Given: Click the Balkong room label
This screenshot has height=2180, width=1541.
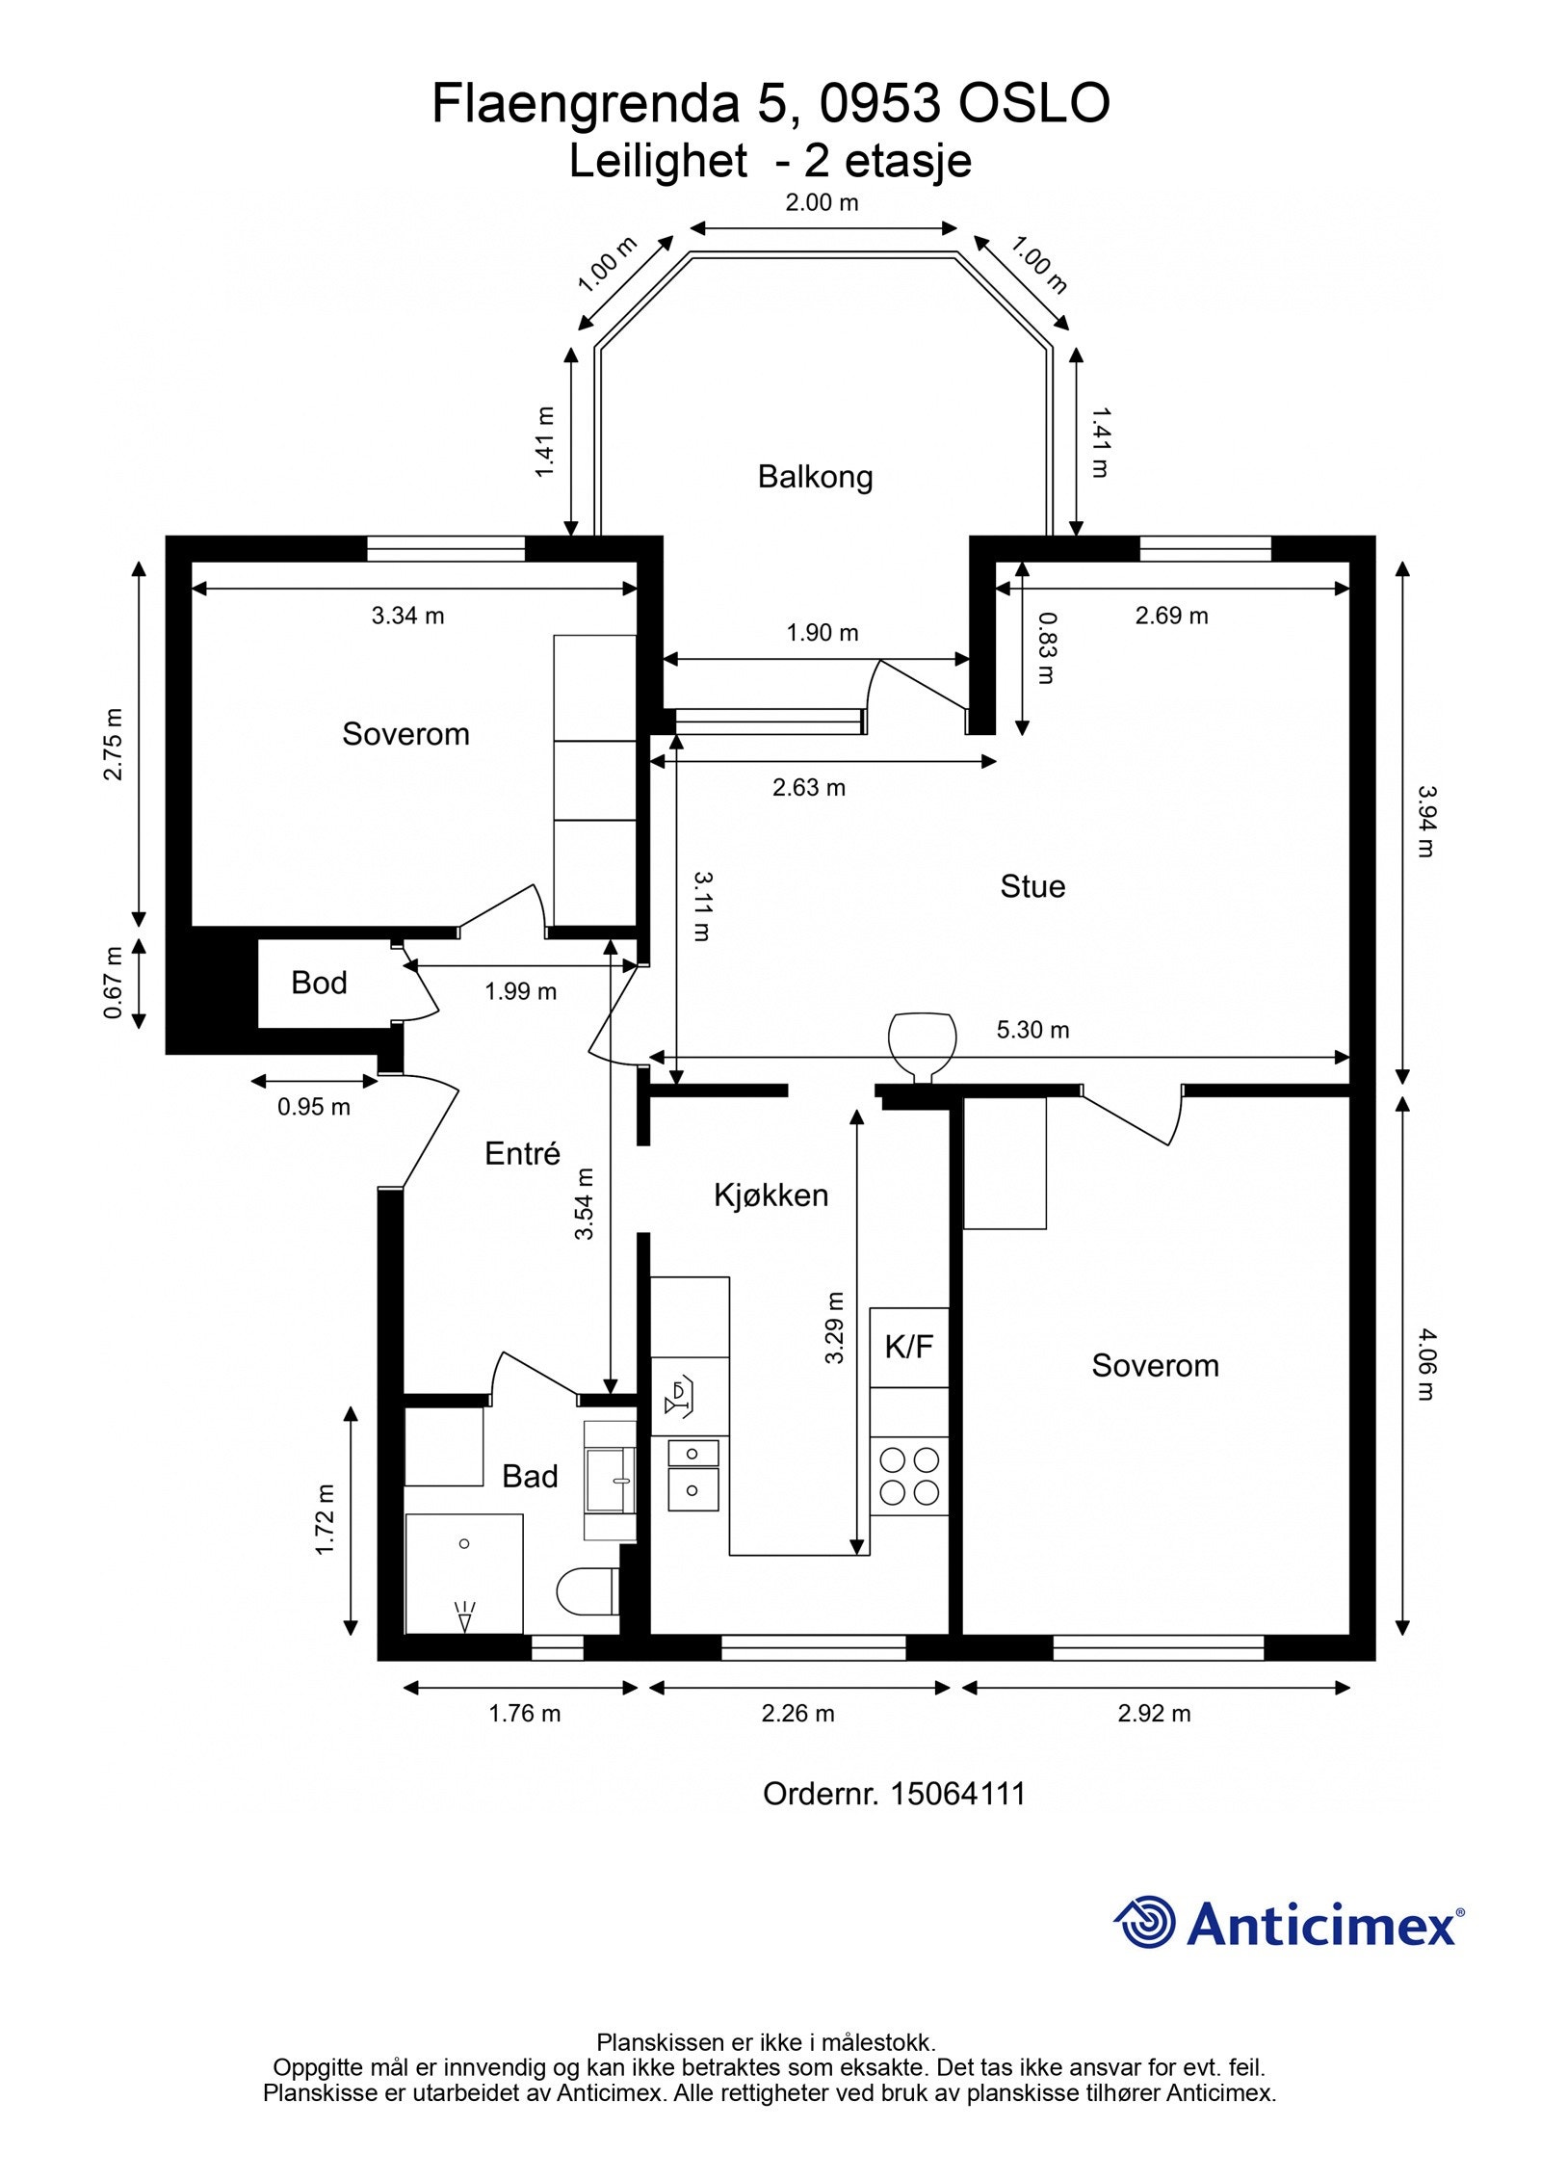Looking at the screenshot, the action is click(x=815, y=477).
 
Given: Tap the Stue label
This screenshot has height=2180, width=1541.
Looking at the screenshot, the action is click(x=1032, y=886).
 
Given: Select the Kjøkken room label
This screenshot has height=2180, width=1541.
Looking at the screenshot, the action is click(x=770, y=1195).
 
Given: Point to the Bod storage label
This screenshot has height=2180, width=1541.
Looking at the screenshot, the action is click(x=319, y=983).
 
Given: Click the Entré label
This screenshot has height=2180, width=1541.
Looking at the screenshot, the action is click(x=522, y=1153).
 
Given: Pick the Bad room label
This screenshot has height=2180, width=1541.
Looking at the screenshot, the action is click(x=530, y=1477).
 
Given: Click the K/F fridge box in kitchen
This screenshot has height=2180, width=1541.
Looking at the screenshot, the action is click(x=909, y=1347).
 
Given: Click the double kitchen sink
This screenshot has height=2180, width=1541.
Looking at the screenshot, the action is click(x=693, y=1475).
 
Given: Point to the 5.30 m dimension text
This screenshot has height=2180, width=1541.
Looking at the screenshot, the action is click(x=1032, y=1030).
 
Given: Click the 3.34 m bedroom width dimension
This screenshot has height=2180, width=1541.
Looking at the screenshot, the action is click(x=408, y=616).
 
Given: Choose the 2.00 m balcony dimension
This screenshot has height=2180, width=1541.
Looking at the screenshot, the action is click(x=822, y=202).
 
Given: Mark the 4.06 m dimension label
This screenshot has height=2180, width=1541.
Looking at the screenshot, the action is click(x=1425, y=1364).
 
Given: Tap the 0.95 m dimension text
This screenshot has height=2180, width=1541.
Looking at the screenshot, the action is click(x=314, y=1108).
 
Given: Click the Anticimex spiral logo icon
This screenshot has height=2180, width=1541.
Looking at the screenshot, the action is click(x=1145, y=1924).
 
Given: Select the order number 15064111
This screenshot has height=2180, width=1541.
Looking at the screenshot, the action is click(x=957, y=1794).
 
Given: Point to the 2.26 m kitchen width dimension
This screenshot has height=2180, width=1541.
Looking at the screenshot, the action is click(x=798, y=1714).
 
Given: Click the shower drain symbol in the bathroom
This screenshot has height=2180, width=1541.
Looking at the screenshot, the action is click(x=464, y=1543).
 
